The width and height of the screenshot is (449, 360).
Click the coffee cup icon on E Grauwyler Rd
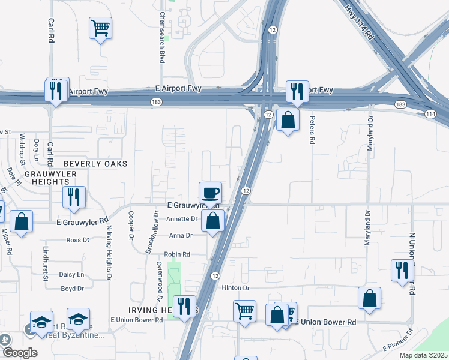pyautogui.click(x=210, y=193)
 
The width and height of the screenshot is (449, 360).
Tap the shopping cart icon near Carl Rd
pyautogui.click(x=100, y=28)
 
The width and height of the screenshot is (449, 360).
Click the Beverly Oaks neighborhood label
pyautogui.click(x=95, y=163)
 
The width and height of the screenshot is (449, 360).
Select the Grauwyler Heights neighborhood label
pyautogui.click(x=51, y=178)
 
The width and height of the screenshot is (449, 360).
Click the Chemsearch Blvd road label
pyautogui.click(x=162, y=37)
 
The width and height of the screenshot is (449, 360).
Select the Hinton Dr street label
pyautogui.click(x=235, y=288)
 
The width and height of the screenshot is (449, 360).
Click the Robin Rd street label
pyautogui.click(x=177, y=254)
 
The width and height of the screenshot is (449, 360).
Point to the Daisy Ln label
pyautogui.click(x=72, y=275)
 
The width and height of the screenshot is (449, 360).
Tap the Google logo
pyautogui.click(x=19, y=353)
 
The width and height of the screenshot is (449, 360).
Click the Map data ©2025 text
pyautogui.click(x=423, y=355)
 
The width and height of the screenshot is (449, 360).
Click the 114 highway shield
pyautogui.click(x=430, y=113)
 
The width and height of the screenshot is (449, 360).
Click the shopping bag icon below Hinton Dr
pyautogui.click(x=369, y=298)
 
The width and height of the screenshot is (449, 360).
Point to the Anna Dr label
pyautogui.click(x=180, y=236)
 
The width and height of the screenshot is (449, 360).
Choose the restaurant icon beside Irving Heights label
pyautogui.click(x=184, y=307)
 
